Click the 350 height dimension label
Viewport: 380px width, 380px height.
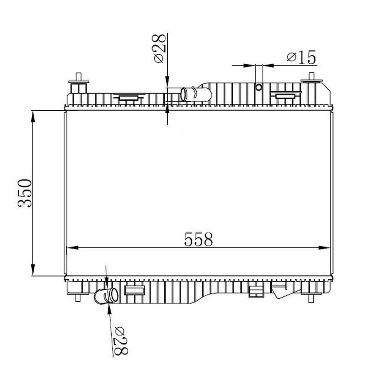coord(25,193)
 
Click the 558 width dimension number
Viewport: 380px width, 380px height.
coord(199,239)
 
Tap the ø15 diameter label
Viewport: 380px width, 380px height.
coord(302,57)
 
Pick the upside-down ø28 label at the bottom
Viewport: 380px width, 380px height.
coord(121,341)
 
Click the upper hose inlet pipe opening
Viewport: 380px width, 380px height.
coord(183,94)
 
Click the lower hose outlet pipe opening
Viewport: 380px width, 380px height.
coord(114,295)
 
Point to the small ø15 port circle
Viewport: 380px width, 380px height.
coord(259,87)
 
